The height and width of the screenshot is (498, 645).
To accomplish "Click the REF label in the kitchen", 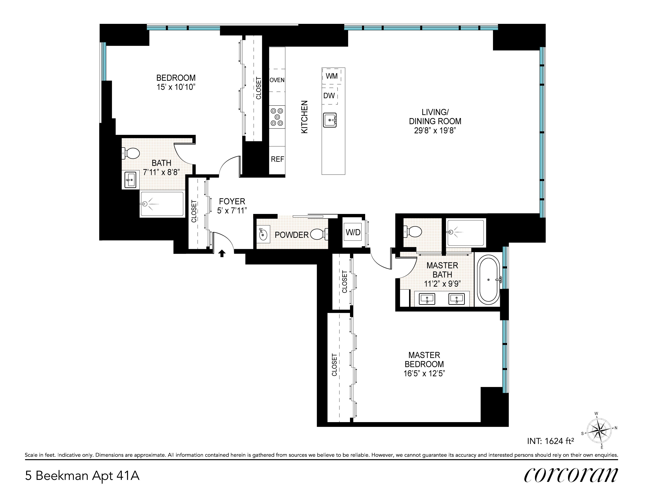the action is pos(277,159).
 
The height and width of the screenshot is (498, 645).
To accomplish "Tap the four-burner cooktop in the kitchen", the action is pos(277,117).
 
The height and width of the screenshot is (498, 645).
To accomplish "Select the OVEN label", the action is pos(277,80).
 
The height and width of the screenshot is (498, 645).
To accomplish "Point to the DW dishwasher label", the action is pos(329,96).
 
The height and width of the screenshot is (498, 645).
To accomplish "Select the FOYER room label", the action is pos(232,201).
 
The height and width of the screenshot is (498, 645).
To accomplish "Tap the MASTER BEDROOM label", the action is pos(424,360).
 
